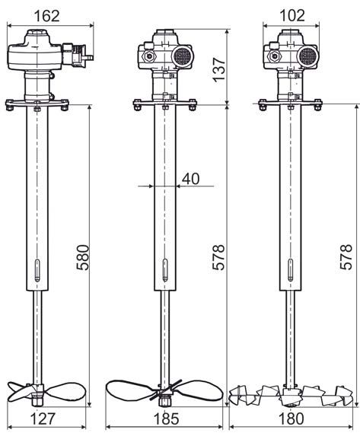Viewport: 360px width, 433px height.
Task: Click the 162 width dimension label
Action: (x=46, y=16)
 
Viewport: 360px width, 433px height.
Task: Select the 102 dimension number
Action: (x=292, y=15)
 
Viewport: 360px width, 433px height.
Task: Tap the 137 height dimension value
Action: (x=219, y=69)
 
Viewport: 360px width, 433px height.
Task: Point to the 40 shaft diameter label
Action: (x=190, y=179)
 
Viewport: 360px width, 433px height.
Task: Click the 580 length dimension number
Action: (x=83, y=257)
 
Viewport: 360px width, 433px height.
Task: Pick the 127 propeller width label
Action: (x=43, y=419)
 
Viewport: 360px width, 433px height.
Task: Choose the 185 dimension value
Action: (x=166, y=419)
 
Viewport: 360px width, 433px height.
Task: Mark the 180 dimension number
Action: (x=291, y=419)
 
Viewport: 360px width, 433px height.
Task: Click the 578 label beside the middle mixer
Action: (x=218, y=256)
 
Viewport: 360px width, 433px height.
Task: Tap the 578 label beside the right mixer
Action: (x=346, y=256)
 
